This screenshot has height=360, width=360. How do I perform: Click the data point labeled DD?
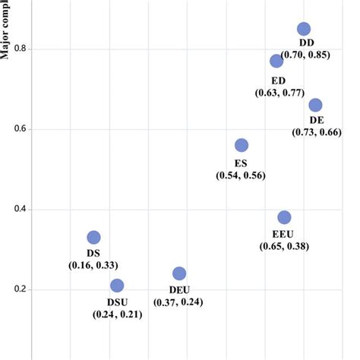(x=304, y=29)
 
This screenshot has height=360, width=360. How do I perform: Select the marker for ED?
(x=276, y=61)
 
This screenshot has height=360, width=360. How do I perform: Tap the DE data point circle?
(x=315, y=105)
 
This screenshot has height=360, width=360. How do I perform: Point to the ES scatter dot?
(x=242, y=145)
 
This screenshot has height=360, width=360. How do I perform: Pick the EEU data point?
(x=284, y=217)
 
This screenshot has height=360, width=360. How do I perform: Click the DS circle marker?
(x=93, y=238)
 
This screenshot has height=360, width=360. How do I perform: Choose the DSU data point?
(x=117, y=286)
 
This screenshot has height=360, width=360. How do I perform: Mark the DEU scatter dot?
(x=179, y=273)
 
